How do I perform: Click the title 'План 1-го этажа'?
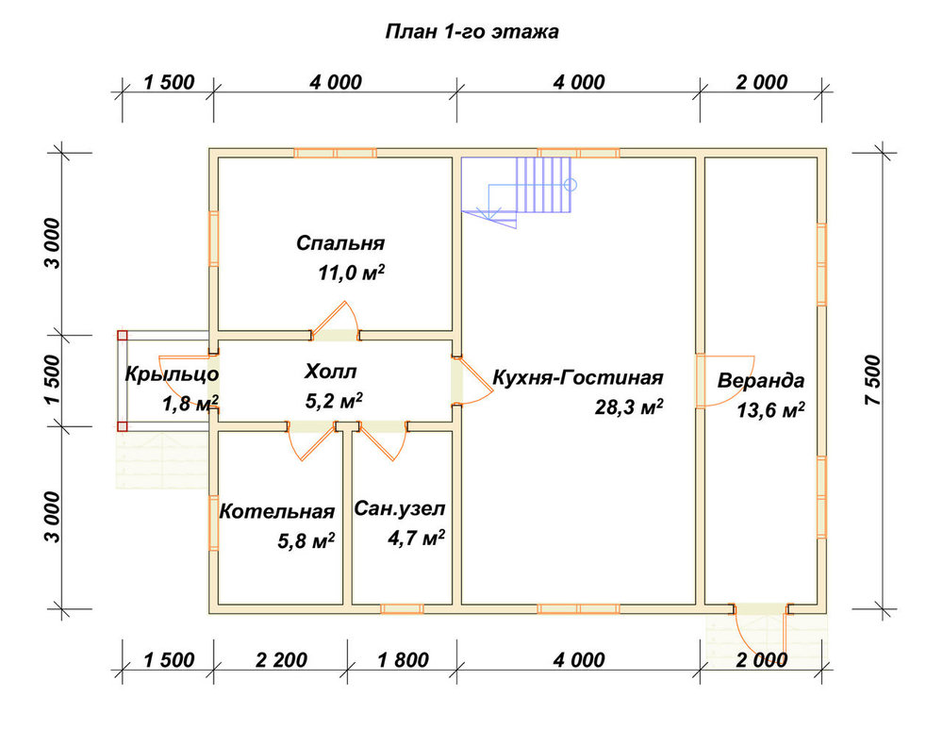pos(472,31)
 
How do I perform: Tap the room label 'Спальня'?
pos(340,243)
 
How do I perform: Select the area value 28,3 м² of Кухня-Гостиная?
pos(629,407)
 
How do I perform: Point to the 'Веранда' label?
pos(761,381)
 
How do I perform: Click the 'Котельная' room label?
pos(276,511)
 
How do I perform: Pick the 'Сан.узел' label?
pos(400,508)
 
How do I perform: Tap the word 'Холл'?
pos(330,372)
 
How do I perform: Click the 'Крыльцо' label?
pos(172,374)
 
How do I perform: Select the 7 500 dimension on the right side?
pos(874,380)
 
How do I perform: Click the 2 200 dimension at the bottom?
pos(281,659)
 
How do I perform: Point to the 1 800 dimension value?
pos(403,659)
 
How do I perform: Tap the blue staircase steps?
pos(544,185)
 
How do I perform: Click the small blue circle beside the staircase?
pos(571,185)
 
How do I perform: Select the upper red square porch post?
pos(123,336)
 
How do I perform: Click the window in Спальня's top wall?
pos(335,153)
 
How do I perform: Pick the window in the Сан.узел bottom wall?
pos(402,609)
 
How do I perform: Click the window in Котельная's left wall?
pos(213,523)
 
